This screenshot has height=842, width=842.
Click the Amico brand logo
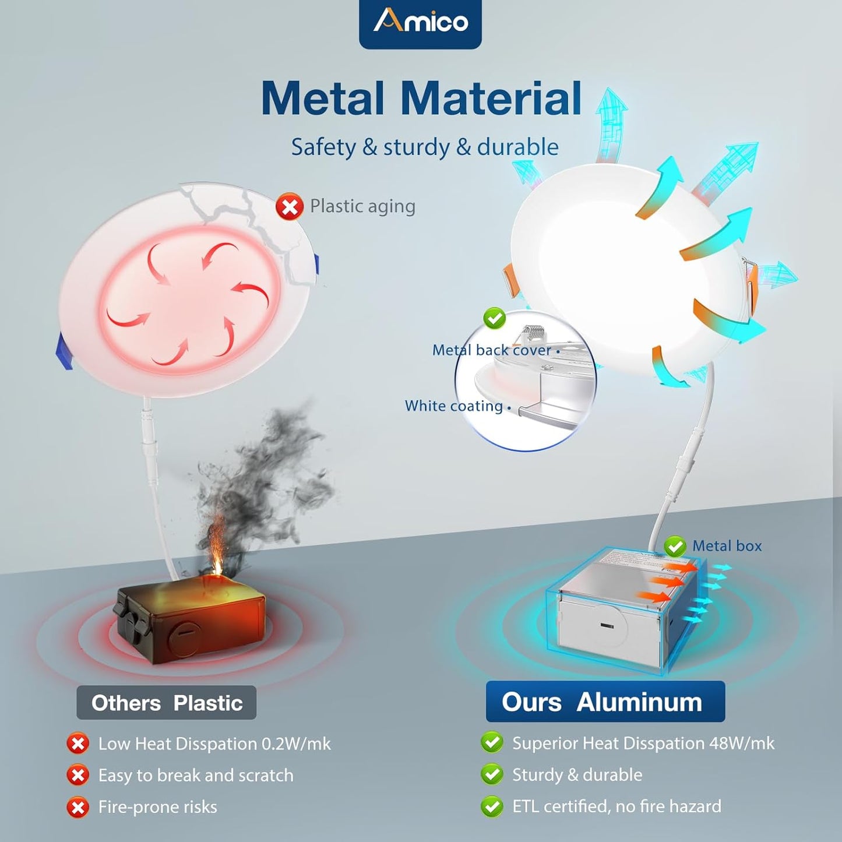coord(420,23)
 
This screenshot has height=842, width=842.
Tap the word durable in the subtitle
coord(517,147)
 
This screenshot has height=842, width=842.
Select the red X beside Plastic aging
coord(290,207)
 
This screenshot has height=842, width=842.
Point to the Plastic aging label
coord(362,206)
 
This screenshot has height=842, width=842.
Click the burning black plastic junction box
coord(191,624)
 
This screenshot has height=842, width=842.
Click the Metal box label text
coord(727,546)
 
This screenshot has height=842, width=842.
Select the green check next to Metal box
coord(675,547)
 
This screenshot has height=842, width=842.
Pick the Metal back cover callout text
coord(491,350)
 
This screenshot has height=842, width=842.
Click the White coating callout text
coord(453,406)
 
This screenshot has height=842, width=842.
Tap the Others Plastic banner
coord(167,703)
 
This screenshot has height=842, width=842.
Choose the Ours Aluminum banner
coord(605,702)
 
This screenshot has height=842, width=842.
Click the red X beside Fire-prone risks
coord(77,808)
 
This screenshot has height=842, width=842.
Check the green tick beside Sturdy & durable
coord(492,775)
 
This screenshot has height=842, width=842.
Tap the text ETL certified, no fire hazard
coord(616,806)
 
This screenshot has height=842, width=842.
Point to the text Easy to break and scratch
coord(196,776)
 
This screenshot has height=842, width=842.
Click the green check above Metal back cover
coord(495,318)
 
